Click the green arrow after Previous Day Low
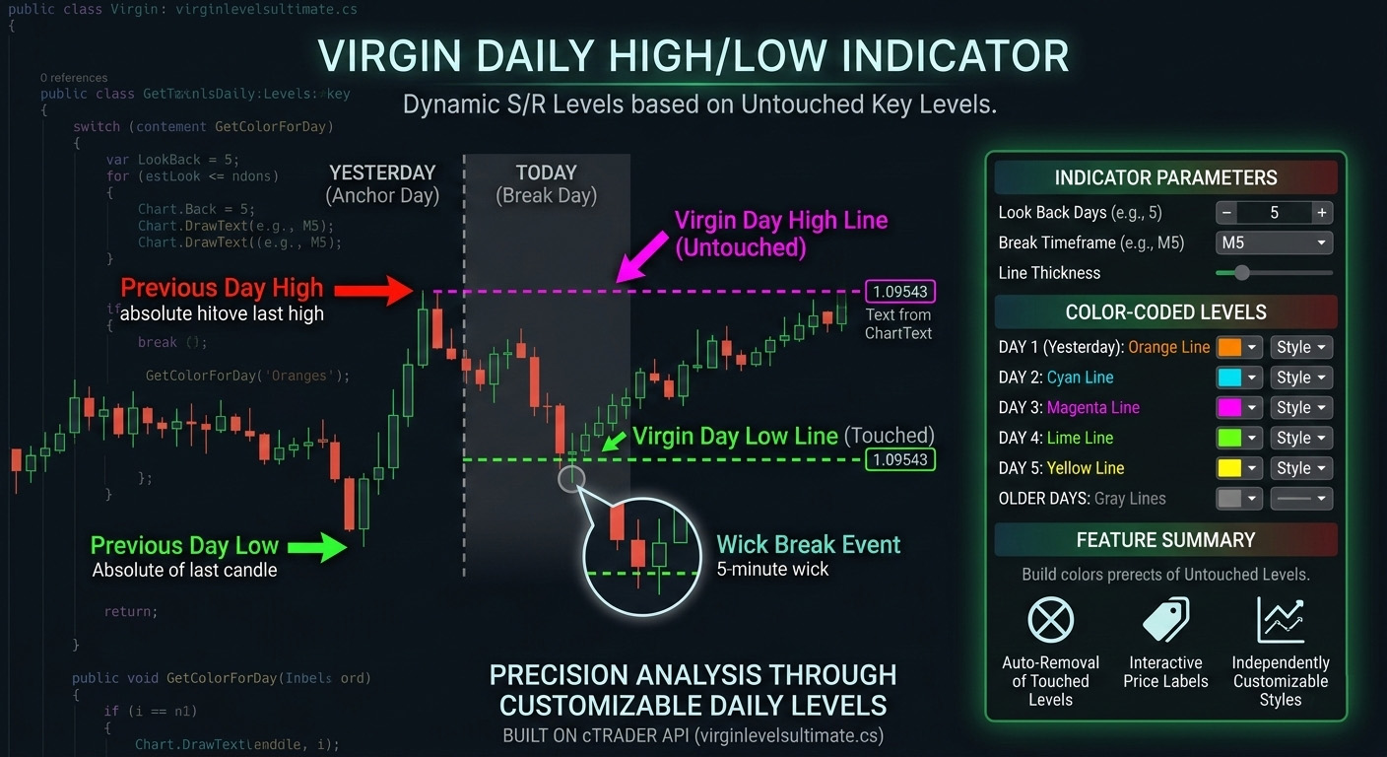point(316,549)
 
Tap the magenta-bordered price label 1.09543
point(899,292)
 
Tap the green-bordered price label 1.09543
point(899,459)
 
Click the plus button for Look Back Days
point(1322,212)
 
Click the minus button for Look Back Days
point(1227,212)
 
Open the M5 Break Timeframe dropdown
point(1275,242)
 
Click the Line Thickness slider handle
point(1241,273)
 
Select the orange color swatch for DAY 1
point(1229,347)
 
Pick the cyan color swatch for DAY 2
point(1229,378)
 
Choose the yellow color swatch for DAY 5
point(1229,468)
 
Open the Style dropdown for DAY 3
point(1301,408)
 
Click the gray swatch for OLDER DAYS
point(1229,499)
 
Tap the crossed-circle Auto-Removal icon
point(1050,620)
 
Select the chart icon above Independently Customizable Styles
point(1281,620)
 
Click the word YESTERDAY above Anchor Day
point(382,173)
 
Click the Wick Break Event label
point(808,545)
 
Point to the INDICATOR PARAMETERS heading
point(1165,178)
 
